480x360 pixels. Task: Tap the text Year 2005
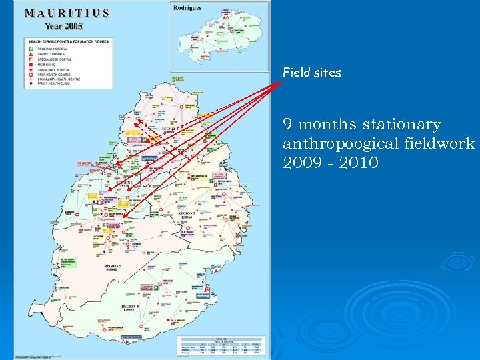coord(65,25)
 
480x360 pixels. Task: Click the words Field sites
coord(311,73)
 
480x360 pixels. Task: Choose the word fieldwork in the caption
coord(443,143)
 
